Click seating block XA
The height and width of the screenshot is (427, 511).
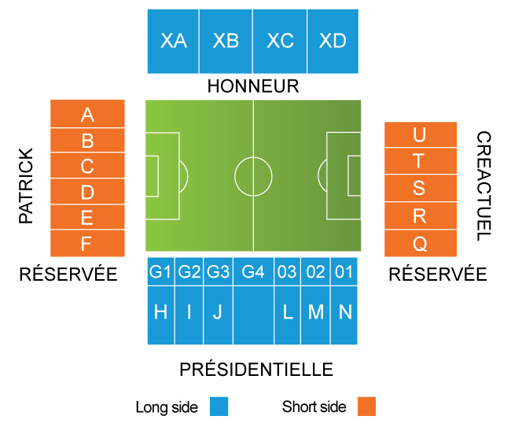[x=173, y=41]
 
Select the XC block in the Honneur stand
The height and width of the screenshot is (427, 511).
[x=280, y=41]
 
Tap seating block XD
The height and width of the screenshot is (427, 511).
[x=333, y=41]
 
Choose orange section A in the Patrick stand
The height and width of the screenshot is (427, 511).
[x=87, y=115]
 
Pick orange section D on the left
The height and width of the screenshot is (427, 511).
[x=87, y=192]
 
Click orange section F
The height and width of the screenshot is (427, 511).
[x=87, y=244]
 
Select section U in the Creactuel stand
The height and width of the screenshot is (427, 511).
[x=420, y=135]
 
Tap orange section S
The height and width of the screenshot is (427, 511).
[x=420, y=189]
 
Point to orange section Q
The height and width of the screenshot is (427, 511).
[x=420, y=244]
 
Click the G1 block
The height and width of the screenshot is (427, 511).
[x=160, y=272]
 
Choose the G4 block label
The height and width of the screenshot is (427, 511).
[x=252, y=272]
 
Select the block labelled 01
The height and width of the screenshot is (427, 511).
[x=344, y=272]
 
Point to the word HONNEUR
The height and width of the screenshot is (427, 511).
[x=253, y=86]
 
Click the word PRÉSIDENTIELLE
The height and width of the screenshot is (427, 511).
[x=256, y=370]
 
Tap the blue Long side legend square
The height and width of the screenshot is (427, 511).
[x=219, y=407]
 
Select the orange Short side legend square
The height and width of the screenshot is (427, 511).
[x=366, y=407]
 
